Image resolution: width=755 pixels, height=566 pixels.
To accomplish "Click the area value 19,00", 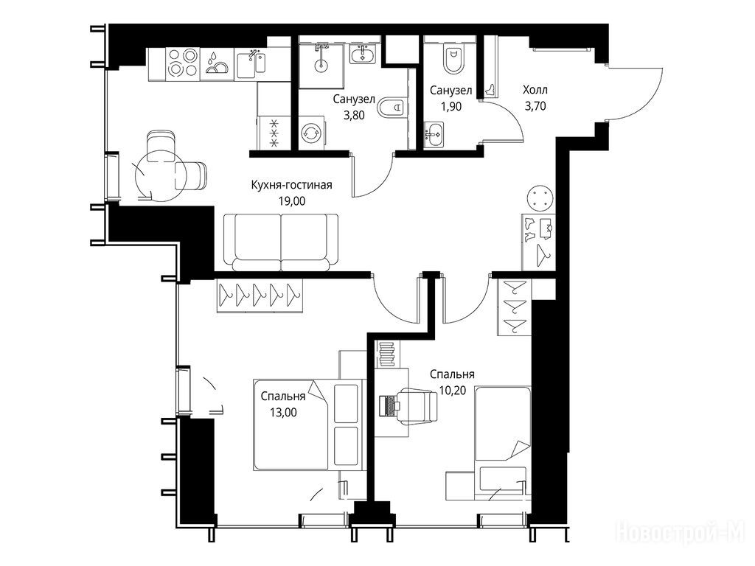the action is click(x=292, y=201).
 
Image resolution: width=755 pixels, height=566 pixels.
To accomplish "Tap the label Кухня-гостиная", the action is click(x=292, y=185).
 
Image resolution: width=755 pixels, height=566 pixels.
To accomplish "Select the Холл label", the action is click(x=535, y=90).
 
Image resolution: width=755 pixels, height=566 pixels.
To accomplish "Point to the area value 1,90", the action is click(x=450, y=106).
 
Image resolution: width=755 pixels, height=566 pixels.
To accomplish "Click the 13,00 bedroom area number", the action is click(x=283, y=413).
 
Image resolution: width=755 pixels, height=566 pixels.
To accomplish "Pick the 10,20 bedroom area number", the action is click(x=453, y=391).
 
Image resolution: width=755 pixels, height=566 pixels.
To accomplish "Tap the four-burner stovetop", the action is click(x=183, y=63).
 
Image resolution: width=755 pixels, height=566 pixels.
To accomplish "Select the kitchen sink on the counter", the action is click(x=251, y=63).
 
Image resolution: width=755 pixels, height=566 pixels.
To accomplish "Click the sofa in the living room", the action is click(x=281, y=242).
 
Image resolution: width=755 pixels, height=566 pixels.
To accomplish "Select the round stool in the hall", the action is click(x=540, y=199).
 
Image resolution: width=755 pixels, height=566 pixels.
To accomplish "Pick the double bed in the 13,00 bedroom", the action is click(x=307, y=424).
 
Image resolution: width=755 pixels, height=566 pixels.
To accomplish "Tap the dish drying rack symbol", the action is click(x=218, y=63).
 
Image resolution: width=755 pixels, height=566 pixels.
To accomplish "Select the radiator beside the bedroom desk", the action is click(x=386, y=354).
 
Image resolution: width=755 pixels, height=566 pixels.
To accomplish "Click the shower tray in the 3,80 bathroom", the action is click(x=321, y=66).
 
